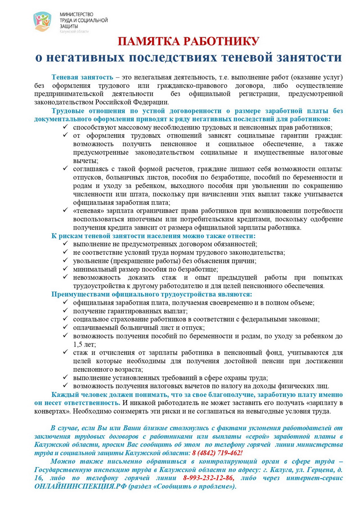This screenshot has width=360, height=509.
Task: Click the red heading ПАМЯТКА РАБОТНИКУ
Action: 189,42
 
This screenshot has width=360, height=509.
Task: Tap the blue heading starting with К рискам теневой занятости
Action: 153,236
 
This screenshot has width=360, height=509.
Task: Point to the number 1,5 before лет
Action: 79,344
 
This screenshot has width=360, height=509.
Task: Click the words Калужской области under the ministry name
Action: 74,31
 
